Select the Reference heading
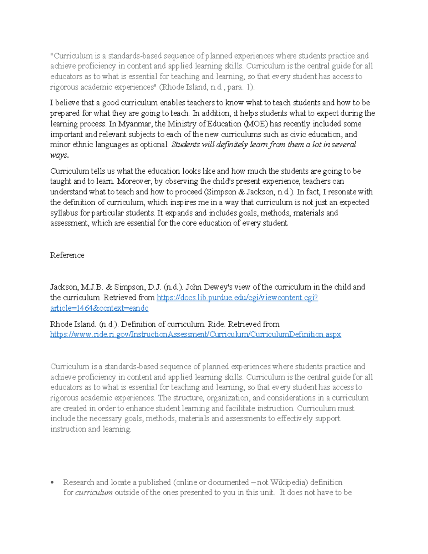[x=67, y=255]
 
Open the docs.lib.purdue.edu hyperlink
[x=237, y=298]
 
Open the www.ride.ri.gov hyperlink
[x=195, y=335]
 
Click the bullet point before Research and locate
[x=52, y=483]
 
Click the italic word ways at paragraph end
[x=58, y=155]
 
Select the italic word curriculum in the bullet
[x=94, y=493]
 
